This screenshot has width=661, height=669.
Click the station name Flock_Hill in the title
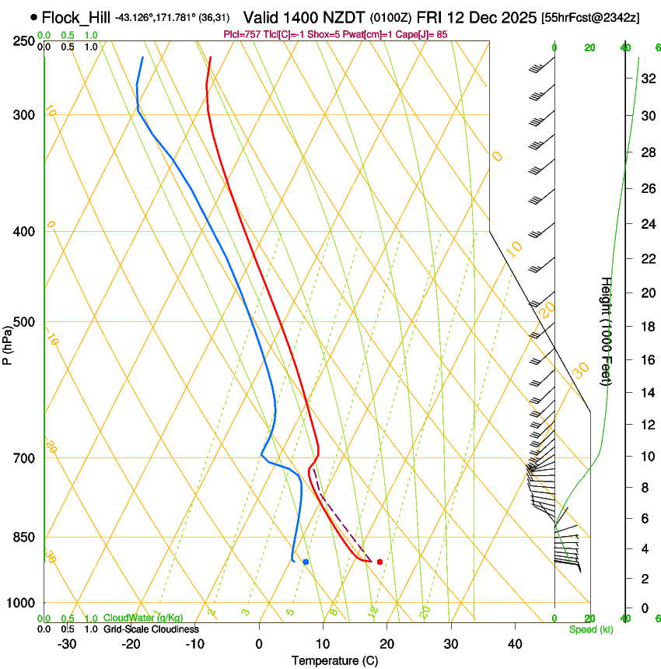(x=75, y=16)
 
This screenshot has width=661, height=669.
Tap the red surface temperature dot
(x=379, y=562)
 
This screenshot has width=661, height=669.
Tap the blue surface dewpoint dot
(x=306, y=562)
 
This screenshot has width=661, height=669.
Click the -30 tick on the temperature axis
(x=67, y=643)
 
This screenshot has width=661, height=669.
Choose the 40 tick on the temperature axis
(x=515, y=643)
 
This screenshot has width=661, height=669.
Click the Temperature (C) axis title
(x=334, y=660)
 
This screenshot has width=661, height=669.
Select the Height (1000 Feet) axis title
(x=607, y=331)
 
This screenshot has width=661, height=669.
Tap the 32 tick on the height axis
(x=645, y=79)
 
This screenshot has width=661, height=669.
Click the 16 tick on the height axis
(x=645, y=360)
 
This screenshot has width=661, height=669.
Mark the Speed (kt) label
(x=590, y=629)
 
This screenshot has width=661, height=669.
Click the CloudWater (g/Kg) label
(x=143, y=618)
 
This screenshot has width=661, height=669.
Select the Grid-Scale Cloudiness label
(x=151, y=629)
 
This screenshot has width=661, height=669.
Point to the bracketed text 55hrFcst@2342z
(x=590, y=17)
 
